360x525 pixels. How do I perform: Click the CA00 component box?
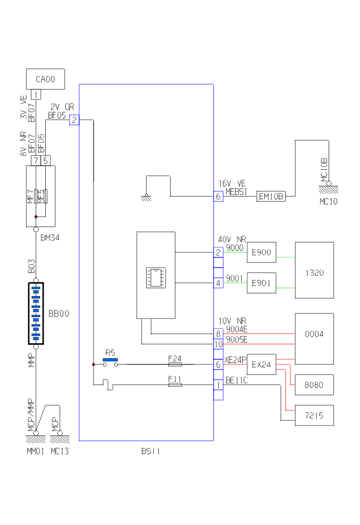point(45,79)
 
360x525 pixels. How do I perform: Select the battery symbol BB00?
point(36,313)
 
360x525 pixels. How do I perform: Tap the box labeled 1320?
point(314,273)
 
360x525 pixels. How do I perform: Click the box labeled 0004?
point(314,334)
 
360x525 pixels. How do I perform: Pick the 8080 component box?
point(314,384)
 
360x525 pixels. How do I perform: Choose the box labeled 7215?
point(314,415)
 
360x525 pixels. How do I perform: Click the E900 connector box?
point(261,252)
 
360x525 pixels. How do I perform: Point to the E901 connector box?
point(261,283)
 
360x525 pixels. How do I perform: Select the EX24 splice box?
point(261,364)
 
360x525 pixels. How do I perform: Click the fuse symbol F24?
point(175,364)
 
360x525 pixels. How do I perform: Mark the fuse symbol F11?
point(175,384)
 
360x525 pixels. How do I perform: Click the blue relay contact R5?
point(110,359)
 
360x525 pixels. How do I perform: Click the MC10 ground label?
point(328,202)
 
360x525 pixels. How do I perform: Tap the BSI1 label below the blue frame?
point(151,452)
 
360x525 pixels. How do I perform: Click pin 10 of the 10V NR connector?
point(218,344)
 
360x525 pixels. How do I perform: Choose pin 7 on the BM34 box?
point(35,161)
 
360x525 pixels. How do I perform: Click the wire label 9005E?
point(237,339)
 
